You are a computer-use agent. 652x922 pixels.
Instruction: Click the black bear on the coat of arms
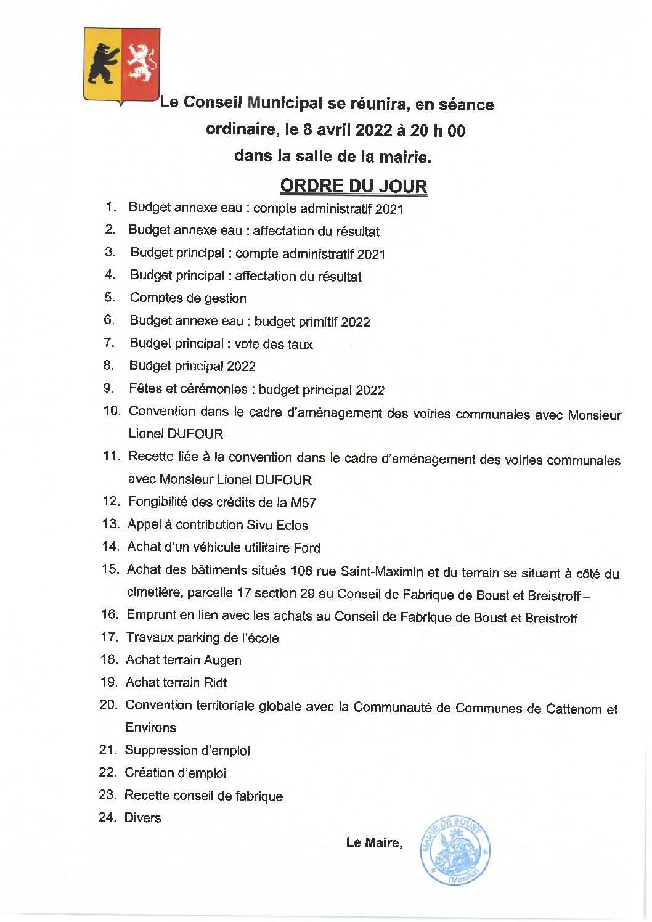pos(103,63)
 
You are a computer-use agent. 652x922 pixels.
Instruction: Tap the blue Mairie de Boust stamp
pos(455,851)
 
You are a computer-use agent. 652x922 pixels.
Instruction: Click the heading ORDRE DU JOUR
pos(353,186)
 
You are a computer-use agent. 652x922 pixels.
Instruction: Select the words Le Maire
pos(373,842)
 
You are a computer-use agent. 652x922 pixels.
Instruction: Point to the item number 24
pos(107,817)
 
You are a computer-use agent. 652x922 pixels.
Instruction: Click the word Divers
pos(142,818)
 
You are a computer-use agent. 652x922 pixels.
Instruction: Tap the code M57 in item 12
pos(303,503)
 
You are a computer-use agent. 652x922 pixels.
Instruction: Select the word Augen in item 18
pos(222,660)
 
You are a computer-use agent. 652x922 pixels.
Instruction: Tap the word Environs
pos(150,727)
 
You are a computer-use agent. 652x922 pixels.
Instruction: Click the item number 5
pos(110,298)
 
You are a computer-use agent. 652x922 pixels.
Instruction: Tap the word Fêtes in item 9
pos(145,388)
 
